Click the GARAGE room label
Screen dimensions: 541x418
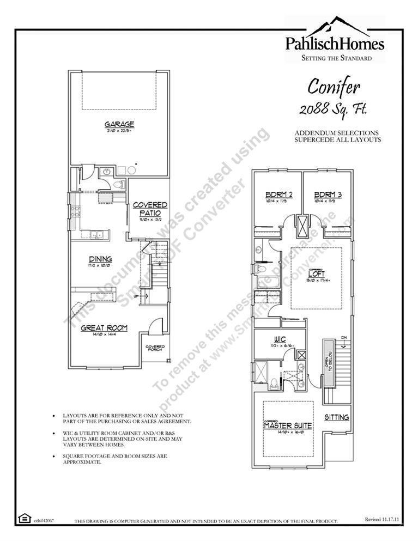click(x=119, y=124)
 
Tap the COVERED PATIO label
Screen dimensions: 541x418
click(x=150, y=209)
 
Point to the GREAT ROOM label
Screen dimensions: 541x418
click(x=104, y=328)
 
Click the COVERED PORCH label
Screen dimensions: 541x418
click(x=155, y=348)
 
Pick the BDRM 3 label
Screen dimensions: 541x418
click(x=328, y=194)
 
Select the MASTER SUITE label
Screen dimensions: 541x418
click(x=288, y=425)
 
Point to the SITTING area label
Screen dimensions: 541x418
click(x=337, y=417)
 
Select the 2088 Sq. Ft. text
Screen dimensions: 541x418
click(x=333, y=108)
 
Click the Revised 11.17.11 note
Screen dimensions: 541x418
click(x=382, y=520)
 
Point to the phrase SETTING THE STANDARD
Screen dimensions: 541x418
click(x=336, y=58)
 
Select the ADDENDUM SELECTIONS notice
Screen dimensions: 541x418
click(x=337, y=133)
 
